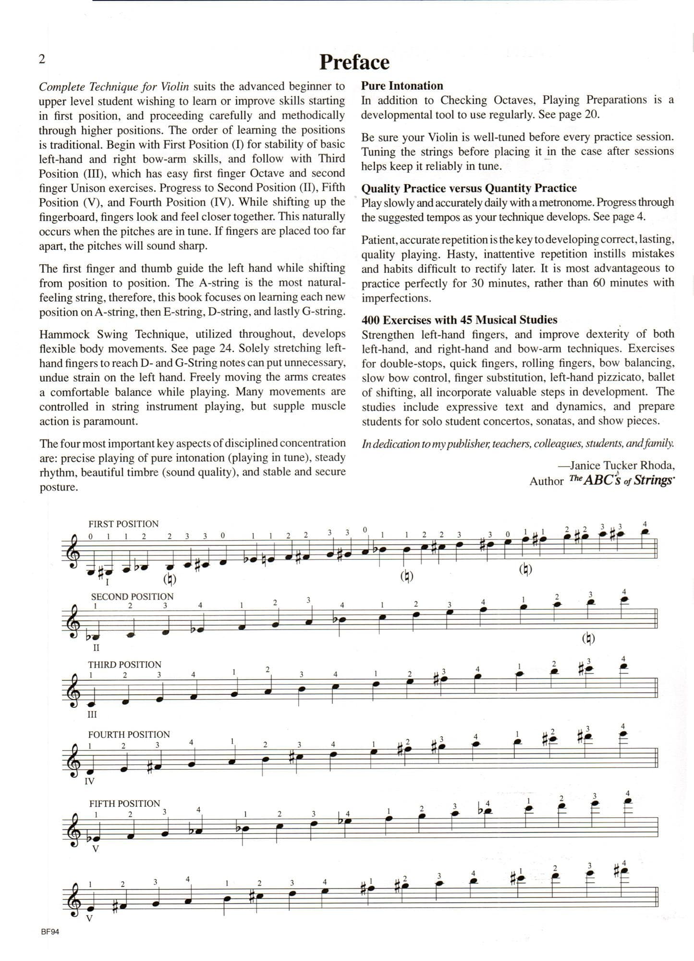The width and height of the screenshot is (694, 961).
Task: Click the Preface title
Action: [354, 62]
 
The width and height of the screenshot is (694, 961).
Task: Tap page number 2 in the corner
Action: [42, 59]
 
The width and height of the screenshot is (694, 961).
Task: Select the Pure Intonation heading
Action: [402, 86]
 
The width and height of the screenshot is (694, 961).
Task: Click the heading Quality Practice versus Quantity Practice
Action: [469, 188]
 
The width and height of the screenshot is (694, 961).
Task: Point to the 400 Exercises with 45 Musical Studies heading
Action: [459, 320]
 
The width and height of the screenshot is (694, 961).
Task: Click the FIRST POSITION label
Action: [123, 524]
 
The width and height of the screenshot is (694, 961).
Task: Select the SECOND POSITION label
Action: [132, 596]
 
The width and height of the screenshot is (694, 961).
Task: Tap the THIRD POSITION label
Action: [124, 665]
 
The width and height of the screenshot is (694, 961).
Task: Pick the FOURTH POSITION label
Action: [129, 734]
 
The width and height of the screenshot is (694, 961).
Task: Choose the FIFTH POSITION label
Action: [124, 803]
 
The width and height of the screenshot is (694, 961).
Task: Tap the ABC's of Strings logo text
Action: [621, 480]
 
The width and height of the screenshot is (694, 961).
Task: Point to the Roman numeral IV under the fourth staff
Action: [89, 781]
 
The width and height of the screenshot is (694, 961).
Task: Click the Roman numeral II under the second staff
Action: [96, 647]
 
